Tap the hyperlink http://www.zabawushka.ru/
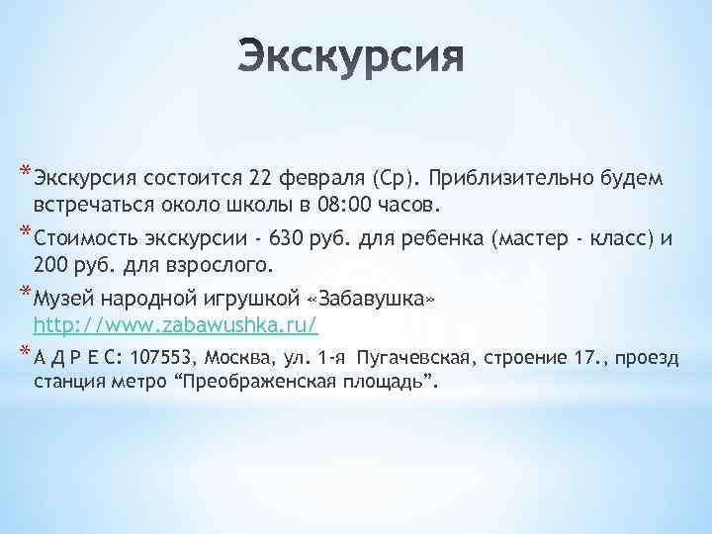click(x=175, y=323)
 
